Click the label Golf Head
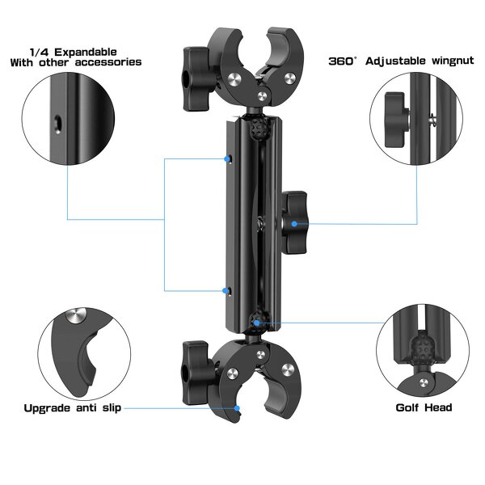[423, 408]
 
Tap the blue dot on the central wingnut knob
[295, 224]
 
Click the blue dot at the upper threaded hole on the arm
[229, 158]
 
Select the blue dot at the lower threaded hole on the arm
[229, 289]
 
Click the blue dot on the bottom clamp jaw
[237, 409]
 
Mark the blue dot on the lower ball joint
[255, 322]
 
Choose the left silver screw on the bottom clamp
[232, 373]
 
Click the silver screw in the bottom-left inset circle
[75, 315]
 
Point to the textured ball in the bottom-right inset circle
[423, 348]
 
